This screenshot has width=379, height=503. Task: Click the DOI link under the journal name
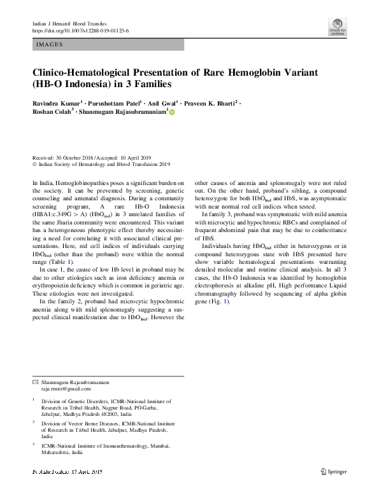80,31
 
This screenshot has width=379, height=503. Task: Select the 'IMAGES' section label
50,45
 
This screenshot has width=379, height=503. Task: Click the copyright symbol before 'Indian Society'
34,163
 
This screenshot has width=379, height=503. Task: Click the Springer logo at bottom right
333,471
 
